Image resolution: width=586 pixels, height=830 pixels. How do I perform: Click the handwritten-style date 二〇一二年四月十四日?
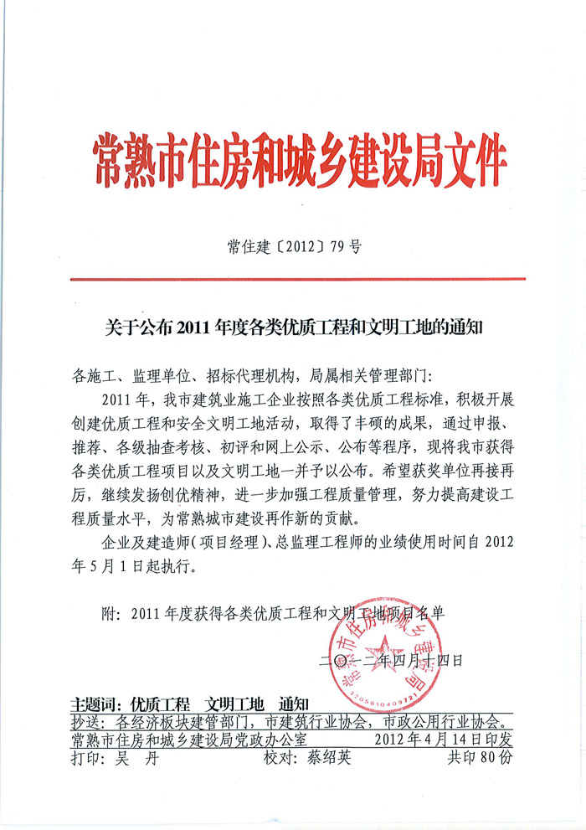point(391,660)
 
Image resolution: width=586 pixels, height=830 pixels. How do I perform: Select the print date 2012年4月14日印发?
point(443,739)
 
